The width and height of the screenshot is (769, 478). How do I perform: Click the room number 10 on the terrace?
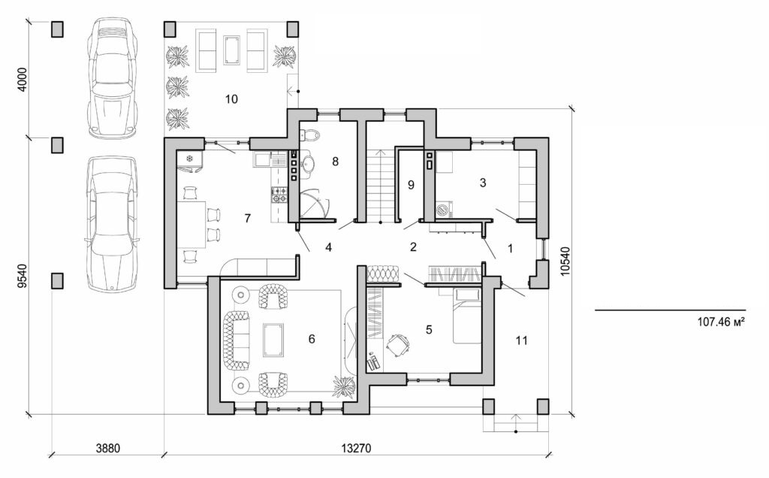(x=231, y=98)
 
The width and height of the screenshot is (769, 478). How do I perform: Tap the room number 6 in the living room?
(x=311, y=339)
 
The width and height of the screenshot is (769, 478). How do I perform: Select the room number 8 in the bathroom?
(x=336, y=161)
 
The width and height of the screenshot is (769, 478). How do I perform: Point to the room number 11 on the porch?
(x=521, y=340)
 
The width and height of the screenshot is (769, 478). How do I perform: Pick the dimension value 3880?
(x=109, y=449)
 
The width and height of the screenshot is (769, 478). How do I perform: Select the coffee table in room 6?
(x=273, y=339)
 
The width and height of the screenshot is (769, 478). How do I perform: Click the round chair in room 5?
(x=397, y=344)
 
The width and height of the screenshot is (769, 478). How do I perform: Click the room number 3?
(x=483, y=182)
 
